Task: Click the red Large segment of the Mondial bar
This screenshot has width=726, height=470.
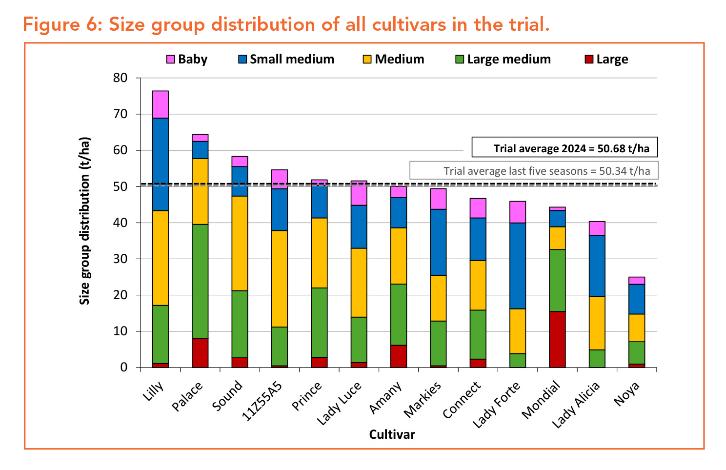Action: tap(557, 339)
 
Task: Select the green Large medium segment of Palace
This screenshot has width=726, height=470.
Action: tap(200, 281)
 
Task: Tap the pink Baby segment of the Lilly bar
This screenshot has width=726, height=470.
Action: tap(160, 104)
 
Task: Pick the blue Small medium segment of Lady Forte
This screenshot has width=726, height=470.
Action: tap(518, 266)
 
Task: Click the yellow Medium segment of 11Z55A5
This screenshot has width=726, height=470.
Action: tap(280, 278)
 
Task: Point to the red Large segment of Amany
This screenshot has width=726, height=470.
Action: tap(399, 356)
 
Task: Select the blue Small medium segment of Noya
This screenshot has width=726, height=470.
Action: tap(637, 299)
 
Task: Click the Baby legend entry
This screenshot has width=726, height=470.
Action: tap(187, 60)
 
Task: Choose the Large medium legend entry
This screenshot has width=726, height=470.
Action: tap(503, 60)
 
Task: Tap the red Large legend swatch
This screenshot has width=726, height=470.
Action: tap(589, 60)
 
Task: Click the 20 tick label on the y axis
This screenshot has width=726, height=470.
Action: tap(120, 295)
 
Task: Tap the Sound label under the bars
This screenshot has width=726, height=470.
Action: tap(227, 396)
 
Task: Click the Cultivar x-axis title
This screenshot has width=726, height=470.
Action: tap(392, 434)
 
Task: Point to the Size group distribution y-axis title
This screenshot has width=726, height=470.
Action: tap(85, 221)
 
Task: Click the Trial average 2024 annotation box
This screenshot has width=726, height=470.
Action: tap(565, 147)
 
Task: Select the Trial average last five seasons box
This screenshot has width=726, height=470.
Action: tap(533, 171)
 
